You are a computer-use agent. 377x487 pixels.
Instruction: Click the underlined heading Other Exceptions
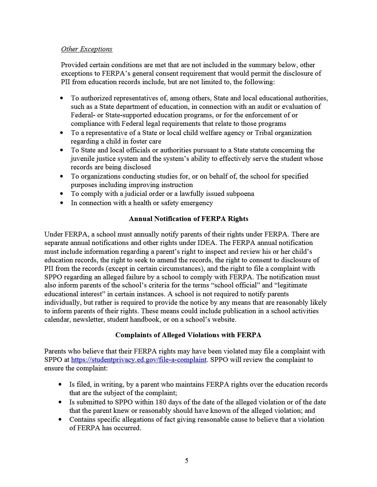[x=86, y=49]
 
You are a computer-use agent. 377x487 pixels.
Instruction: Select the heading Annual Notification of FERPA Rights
[x=188, y=219]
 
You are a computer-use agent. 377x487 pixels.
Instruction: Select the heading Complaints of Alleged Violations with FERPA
[x=188, y=335]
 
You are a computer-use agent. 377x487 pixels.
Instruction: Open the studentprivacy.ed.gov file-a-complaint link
[x=139, y=360]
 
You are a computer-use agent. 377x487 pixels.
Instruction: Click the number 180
[x=161, y=402]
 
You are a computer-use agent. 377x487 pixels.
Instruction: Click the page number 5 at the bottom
[x=187, y=461]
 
